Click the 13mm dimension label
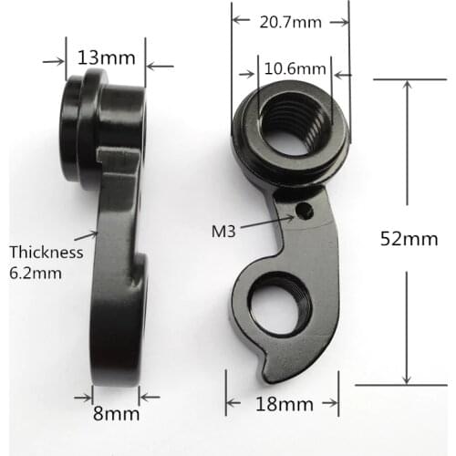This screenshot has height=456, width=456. click(x=108, y=56)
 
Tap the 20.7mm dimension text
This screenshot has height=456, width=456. click(x=290, y=21)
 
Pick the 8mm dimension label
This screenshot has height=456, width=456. click(x=116, y=413)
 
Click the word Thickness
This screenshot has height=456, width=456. click(x=46, y=252)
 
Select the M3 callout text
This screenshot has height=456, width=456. click(x=223, y=232)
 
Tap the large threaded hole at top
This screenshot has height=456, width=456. click(x=290, y=128)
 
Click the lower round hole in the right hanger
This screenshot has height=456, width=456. click(x=278, y=306)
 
